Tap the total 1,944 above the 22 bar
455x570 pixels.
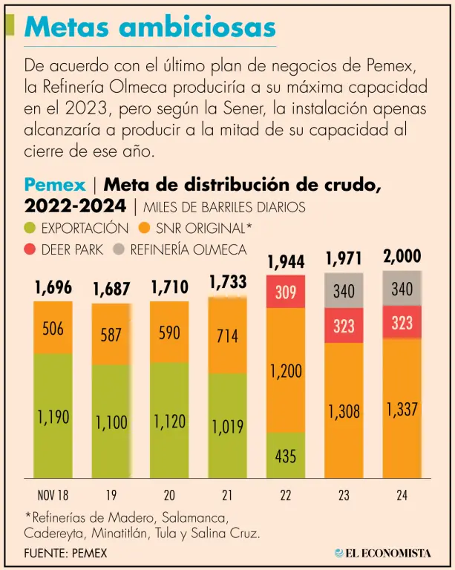286,261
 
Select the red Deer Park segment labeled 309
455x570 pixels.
286,292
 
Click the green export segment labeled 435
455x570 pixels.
286,456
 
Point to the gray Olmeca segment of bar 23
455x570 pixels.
344,291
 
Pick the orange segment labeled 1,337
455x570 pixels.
402,409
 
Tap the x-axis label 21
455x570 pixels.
227,496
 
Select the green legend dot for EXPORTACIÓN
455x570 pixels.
30,228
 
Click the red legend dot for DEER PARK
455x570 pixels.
30,249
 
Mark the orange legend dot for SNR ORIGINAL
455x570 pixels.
145,228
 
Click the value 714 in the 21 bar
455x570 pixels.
227,335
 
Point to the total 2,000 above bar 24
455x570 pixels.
402,257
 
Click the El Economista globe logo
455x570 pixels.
339,553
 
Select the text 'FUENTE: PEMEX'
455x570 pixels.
65,553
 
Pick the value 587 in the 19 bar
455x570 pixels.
111,334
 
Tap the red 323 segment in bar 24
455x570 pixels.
402,323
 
